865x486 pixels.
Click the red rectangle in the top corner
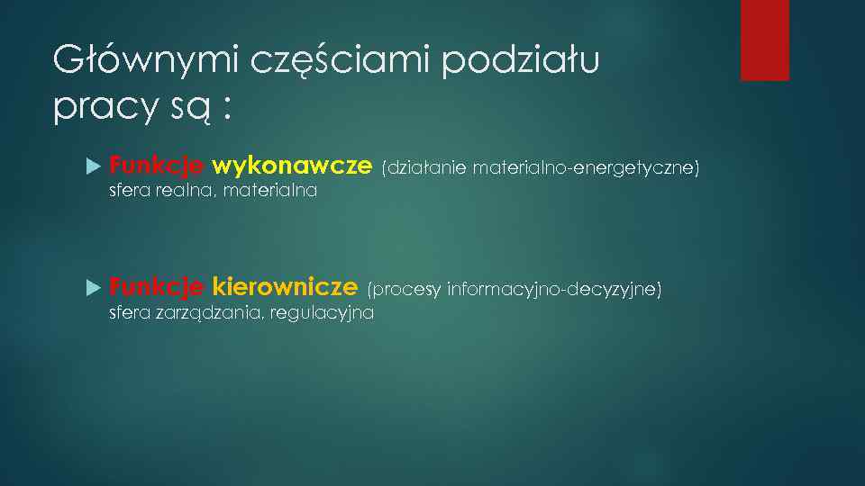coord(764,40)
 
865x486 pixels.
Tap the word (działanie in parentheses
coord(420,167)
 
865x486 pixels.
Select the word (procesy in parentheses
coord(405,289)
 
